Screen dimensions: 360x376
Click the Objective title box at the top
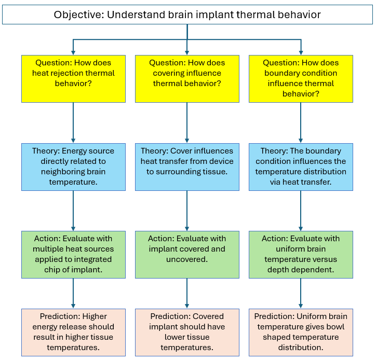(x=187, y=15)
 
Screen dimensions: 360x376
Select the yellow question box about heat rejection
(x=73, y=78)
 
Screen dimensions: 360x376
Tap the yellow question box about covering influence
(x=187, y=78)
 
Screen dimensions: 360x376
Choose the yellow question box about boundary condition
(x=301, y=78)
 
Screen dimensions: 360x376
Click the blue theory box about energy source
(x=73, y=167)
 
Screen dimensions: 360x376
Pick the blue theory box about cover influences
(x=187, y=167)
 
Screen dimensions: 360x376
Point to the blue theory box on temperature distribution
(x=301, y=167)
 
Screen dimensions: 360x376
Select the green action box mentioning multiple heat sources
(x=73, y=254)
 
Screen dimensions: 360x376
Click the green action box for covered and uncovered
(x=187, y=254)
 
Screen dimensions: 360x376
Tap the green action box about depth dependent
(x=301, y=254)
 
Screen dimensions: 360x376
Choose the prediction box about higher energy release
(x=73, y=332)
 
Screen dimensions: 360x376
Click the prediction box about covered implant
(x=187, y=332)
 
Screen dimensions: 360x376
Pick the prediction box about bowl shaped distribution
(x=301, y=332)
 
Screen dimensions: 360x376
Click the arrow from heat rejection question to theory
(x=73, y=122)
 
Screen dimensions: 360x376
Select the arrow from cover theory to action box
(x=187, y=211)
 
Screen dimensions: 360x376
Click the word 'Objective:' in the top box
(x=79, y=15)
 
